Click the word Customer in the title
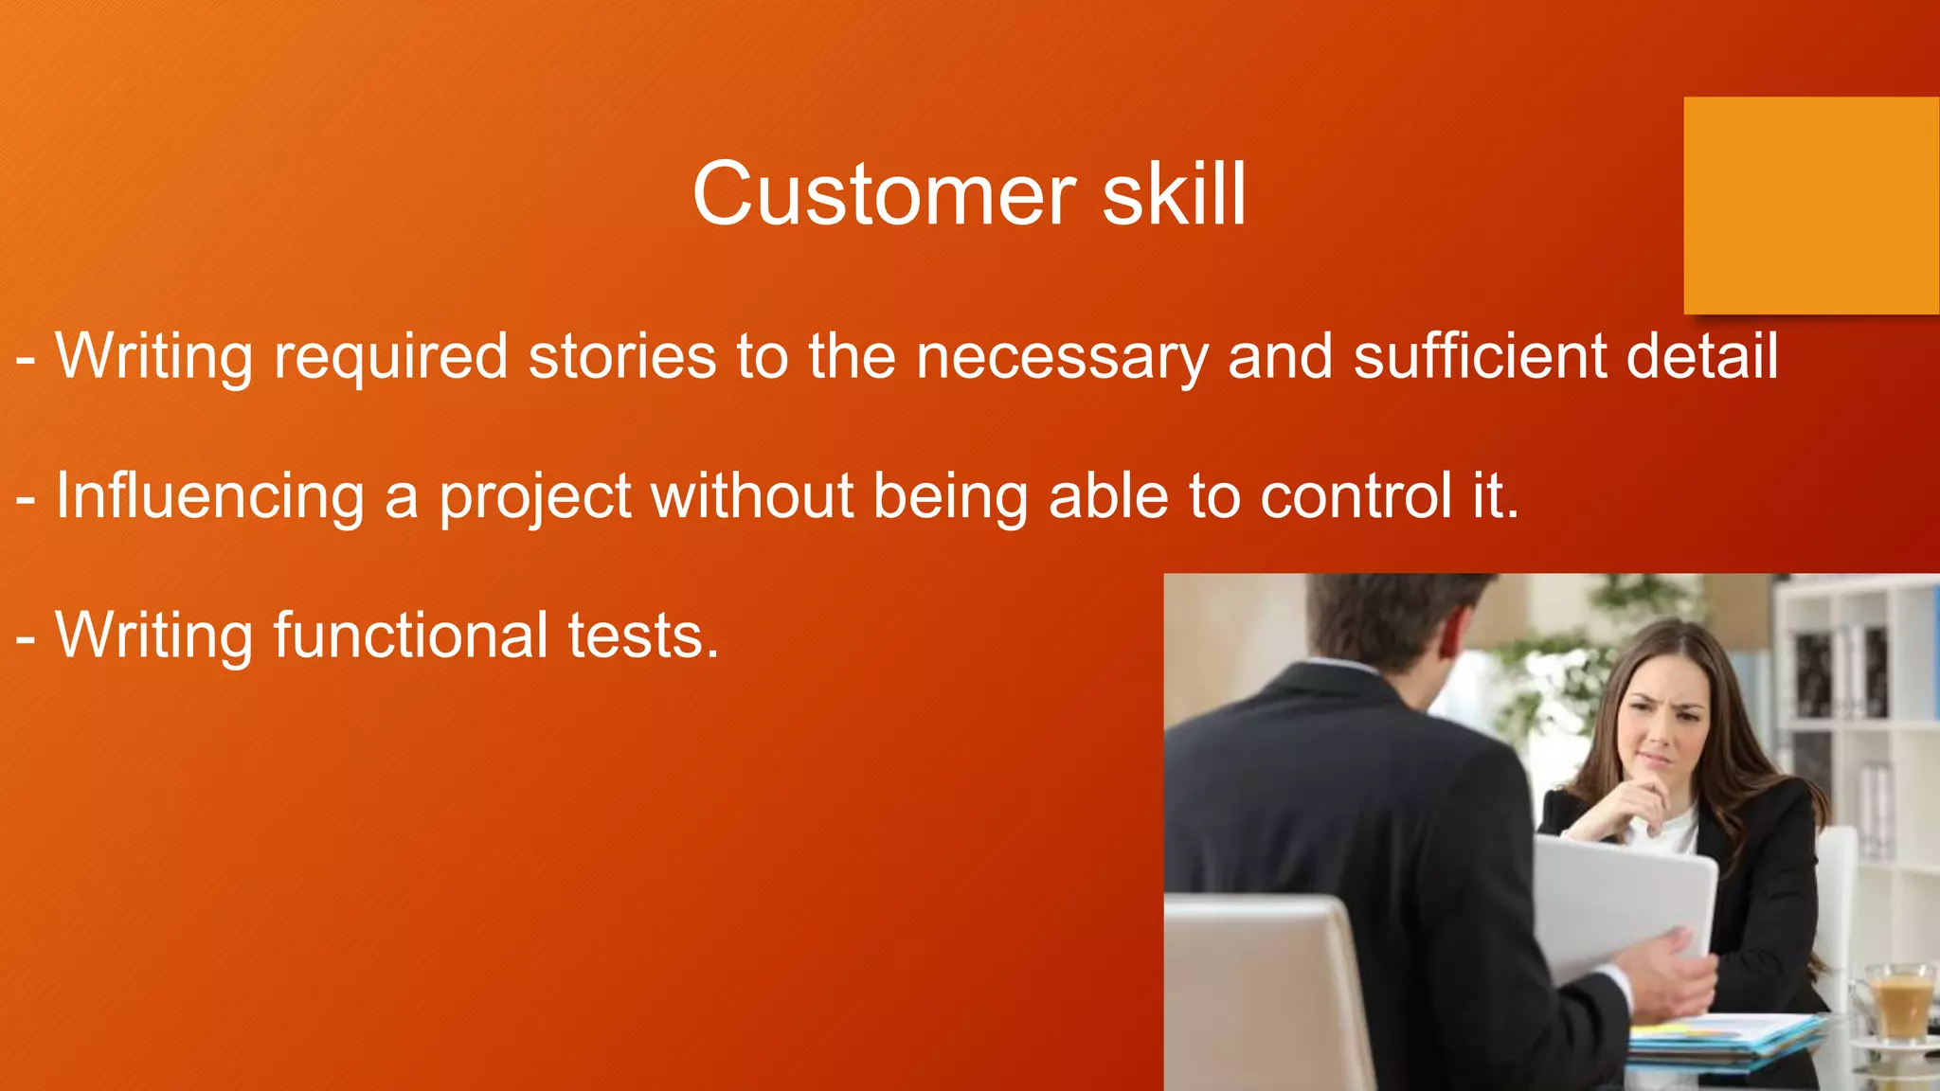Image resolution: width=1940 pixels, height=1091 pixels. (x=883, y=195)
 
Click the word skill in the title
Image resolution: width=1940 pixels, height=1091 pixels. (x=1174, y=195)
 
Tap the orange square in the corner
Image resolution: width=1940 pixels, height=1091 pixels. (x=1810, y=206)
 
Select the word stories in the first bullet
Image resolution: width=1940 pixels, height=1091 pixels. (x=621, y=357)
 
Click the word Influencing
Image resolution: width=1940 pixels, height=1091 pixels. (x=209, y=497)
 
